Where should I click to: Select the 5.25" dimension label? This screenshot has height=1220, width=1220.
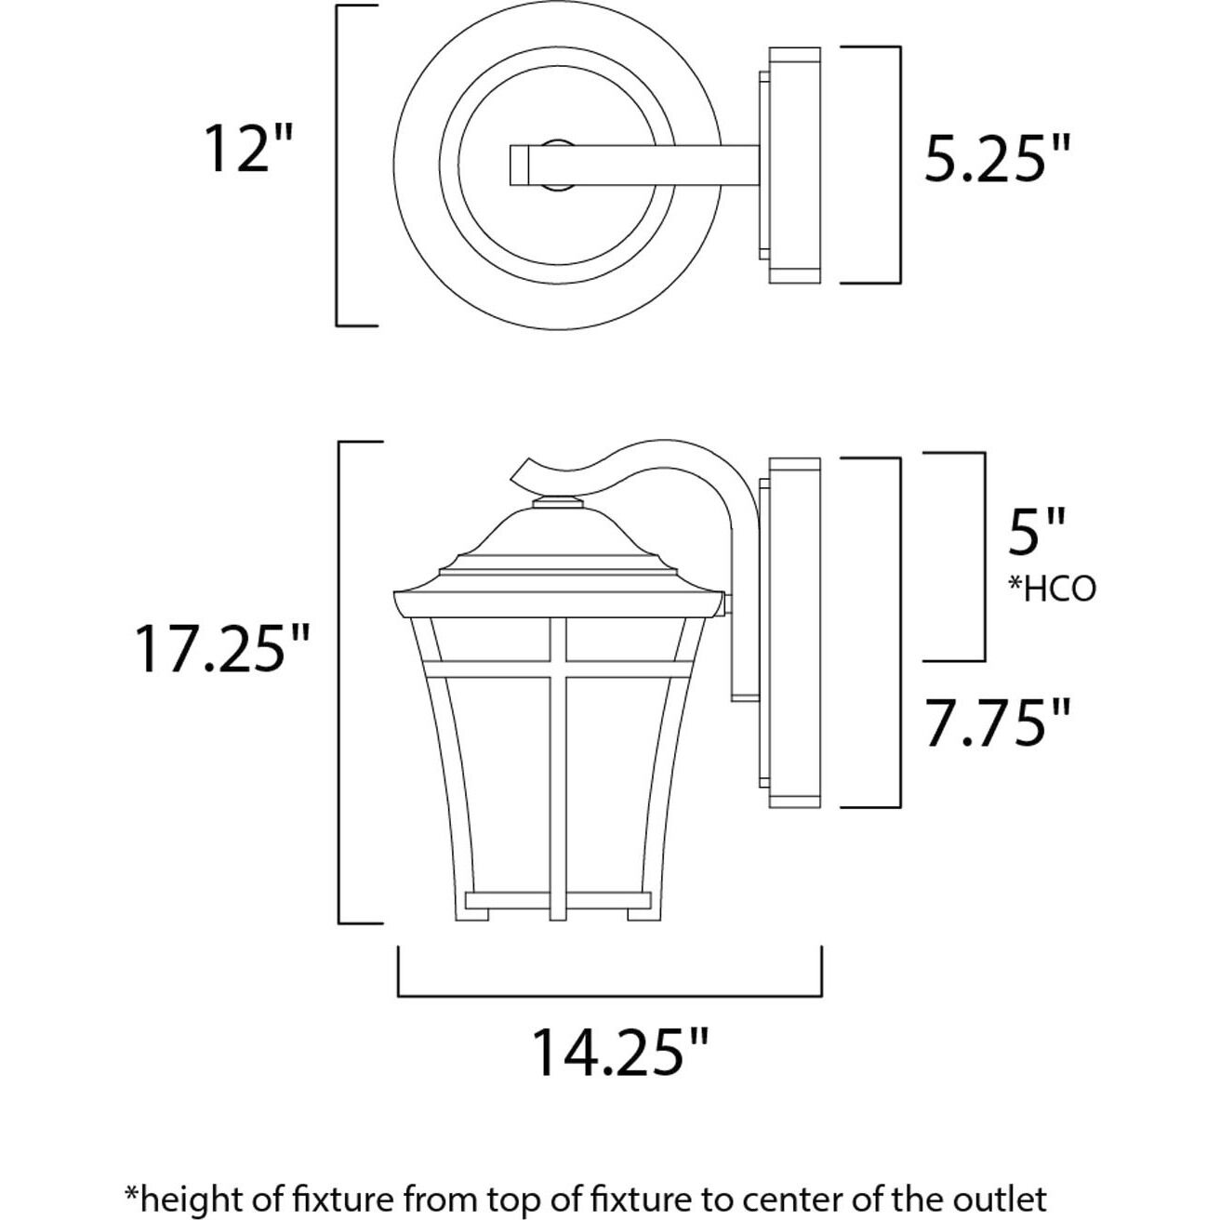point(997,160)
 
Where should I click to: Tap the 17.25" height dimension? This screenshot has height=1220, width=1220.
point(221,648)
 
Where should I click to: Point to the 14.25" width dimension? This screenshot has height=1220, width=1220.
point(620,1052)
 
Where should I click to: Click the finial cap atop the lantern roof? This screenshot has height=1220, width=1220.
point(558,503)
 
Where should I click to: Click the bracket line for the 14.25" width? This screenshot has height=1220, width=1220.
point(609,995)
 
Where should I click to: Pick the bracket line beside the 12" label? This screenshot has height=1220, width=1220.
point(338,166)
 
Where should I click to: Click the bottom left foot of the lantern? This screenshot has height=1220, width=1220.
point(472,914)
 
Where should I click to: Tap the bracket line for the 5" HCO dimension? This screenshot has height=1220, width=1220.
point(984,558)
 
